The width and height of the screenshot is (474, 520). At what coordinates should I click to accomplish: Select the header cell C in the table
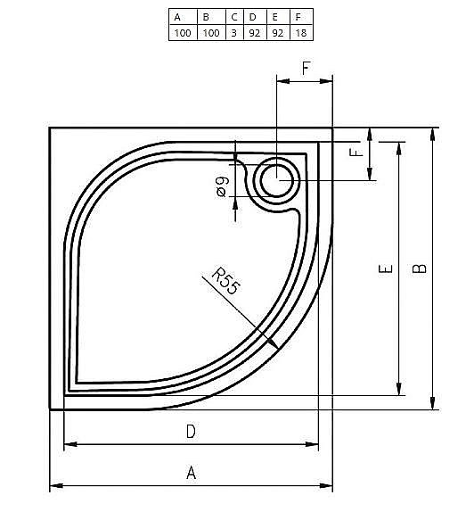point(234,16)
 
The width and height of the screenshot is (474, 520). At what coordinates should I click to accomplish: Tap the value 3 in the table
point(234,32)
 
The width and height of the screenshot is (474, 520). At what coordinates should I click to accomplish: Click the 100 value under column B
point(210,32)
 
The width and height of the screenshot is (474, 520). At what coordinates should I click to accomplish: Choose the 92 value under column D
point(254,32)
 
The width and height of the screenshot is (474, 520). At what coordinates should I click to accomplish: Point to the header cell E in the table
point(276,16)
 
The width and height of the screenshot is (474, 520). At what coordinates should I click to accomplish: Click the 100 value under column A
point(182,32)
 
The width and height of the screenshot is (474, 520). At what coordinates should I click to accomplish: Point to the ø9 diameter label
point(223,187)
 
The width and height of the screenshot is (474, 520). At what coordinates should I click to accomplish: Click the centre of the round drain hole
point(278,182)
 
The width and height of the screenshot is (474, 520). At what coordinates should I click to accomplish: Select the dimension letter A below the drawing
point(190,473)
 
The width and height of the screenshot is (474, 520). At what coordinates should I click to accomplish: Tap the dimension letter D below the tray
point(190,432)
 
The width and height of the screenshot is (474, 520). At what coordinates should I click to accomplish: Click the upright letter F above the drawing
point(306,67)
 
